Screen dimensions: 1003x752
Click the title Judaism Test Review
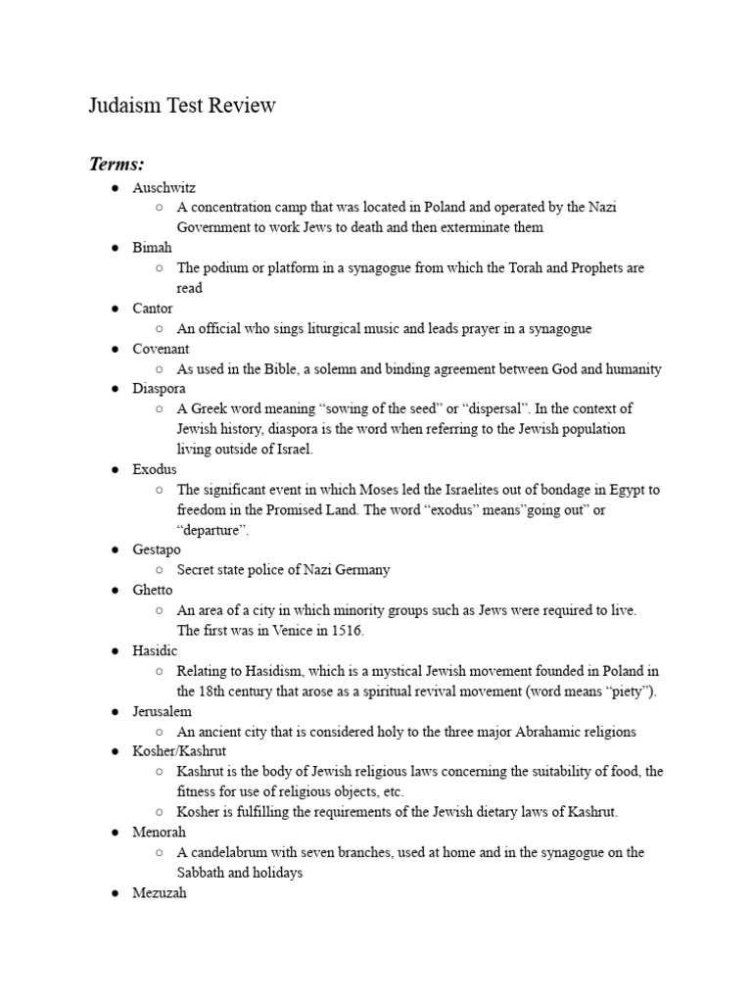(182, 105)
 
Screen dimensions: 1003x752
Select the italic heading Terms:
(117, 163)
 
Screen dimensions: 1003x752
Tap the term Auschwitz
(164, 187)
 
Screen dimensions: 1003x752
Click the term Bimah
(152, 248)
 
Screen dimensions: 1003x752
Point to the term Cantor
(153, 309)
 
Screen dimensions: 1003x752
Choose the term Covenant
(161, 349)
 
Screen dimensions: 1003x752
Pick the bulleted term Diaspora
(159, 389)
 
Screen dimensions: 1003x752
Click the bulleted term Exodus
(155, 470)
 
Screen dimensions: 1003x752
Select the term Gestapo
(157, 550)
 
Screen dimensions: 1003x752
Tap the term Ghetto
(153, 591)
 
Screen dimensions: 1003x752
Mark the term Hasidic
(156, 650)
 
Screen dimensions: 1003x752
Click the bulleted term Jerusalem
(162, 711)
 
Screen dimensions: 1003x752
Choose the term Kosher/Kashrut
(179, 751)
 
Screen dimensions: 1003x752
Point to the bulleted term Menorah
(159, 833)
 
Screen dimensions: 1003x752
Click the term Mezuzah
(159, 893)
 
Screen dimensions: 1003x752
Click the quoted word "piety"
(624, 692)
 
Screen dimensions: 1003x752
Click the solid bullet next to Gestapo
(115, 550)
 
